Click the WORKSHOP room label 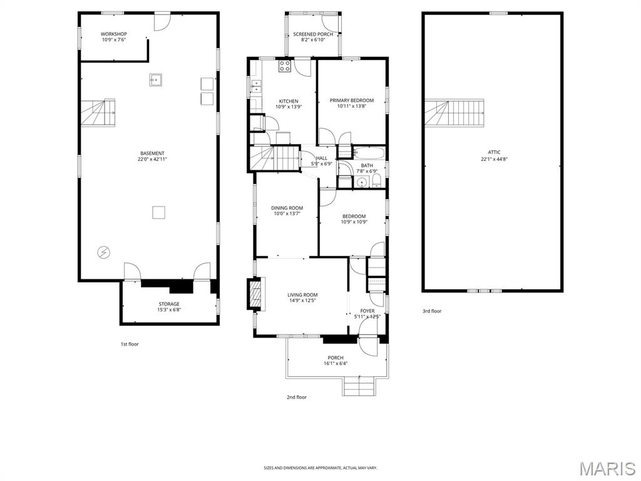click(x=114, y=34)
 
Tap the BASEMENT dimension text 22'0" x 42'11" click(x=152, y=159)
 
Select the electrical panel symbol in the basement click(x=103, y=252)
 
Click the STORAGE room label click(x=168, y=304)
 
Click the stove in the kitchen click(x=285, y=66)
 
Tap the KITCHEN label click(x=289, y=101)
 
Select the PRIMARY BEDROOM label click(x=352, y=100)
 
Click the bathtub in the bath click(x=368, y=152)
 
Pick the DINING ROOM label click(x=287, y=208)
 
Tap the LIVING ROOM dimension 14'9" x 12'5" click(x=302, y=301)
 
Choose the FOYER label click(x=367, y=311)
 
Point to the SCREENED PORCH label click(x=312, y=34)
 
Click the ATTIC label click(x=495, y=152)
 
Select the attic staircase click(x=456, y=112)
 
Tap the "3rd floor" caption click(x=431, y=311)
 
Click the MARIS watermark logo click(x=607, y=468)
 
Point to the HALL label click(x=322, y=158)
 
